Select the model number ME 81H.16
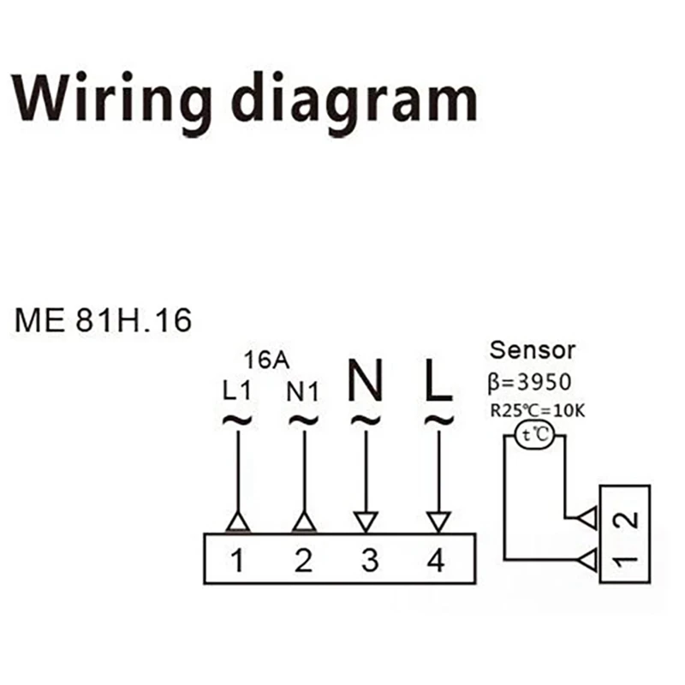coord(103,320)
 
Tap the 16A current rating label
coord(266,360)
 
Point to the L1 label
coord(237,391)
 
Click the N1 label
coord(302,392)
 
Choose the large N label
coord(366,380)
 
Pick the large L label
coord(439,380)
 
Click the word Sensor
coord(532,350)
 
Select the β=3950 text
coord(529,382)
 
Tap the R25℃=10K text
coord(538,411)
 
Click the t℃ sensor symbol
coord(534,435)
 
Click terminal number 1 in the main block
coord(237,561)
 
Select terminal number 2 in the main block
coord(304,561)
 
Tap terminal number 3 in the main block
coord(370,561)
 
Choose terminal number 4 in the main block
coord(436,561)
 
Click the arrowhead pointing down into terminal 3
coord(366,522)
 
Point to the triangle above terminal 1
coord(238,522)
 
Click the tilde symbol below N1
coord(304,420)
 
